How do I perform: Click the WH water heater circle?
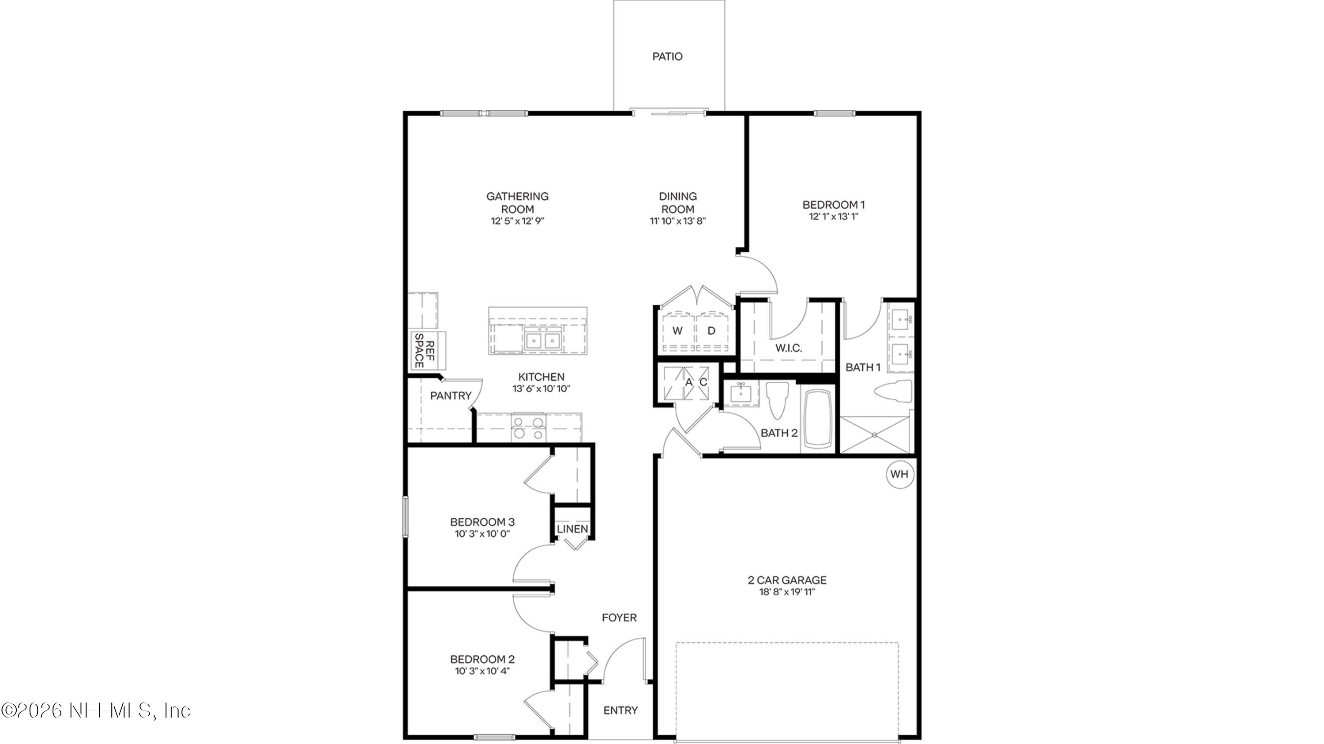[899, 474]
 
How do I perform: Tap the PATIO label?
[667, 56]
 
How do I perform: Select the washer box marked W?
[677, 331]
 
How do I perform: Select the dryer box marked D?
[711, 331]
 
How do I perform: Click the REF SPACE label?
[425, 351]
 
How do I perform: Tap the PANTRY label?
[450, 395]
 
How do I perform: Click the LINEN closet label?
[572, 528]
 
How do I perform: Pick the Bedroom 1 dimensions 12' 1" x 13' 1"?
[833, 217]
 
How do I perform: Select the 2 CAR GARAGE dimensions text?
[787, 592]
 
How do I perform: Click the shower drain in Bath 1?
[874, 435]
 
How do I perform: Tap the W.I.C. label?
[788, 348]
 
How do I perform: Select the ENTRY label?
[621, 710]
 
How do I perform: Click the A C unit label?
[696, 382]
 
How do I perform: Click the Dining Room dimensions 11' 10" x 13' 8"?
[677, 221]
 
